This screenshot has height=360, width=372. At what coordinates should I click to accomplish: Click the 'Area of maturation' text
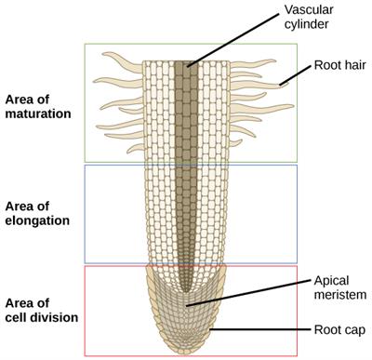(37, 105)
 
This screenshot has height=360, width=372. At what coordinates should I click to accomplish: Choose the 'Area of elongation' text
(38, 212)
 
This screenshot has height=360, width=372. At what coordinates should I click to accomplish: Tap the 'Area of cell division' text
(40, 309)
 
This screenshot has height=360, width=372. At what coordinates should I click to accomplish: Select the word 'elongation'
(38, 220)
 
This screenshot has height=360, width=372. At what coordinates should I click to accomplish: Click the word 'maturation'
(37, 113)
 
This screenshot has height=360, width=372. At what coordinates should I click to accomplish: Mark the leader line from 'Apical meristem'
(251, 295)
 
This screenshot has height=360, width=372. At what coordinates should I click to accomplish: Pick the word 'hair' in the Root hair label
(356, 65)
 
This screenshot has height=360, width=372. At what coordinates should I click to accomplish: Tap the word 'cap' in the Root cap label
(358, 329)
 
